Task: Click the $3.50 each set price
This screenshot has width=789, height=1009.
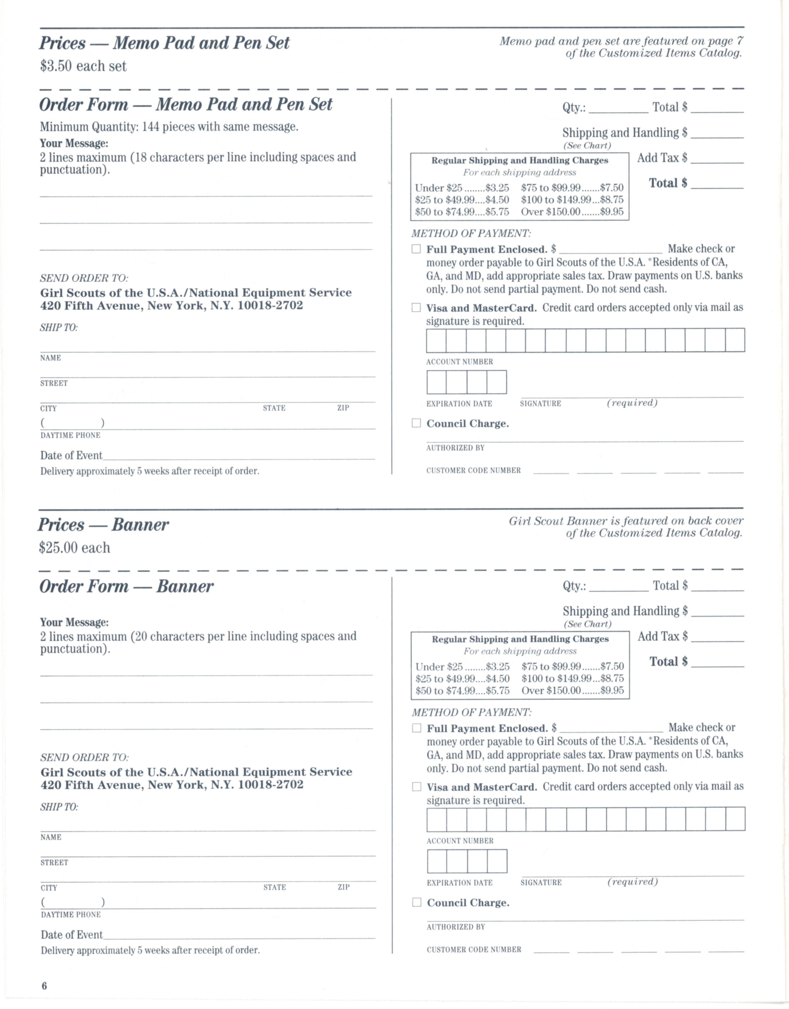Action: pyautogui.click(x=83, y=66)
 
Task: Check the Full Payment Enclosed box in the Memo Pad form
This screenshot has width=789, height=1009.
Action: pyautogui.click(x=416, y=249)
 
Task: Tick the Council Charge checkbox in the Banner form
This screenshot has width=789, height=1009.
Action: pyautogui.click(x=417, y=902)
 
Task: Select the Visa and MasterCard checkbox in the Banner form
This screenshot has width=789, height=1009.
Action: pyautogui.click(x=417, y=787)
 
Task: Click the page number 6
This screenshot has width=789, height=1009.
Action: pyautogui.click(x=44, y=986)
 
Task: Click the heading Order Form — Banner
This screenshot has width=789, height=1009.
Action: pyautogui.click(x=126, y=586)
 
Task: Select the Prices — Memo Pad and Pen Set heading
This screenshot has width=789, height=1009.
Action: pyautogui.click(x=164, y=43)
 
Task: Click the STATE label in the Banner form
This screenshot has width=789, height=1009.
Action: pyautogui.click(x=275, y=887)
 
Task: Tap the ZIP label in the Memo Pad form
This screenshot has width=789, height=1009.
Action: pyautogui.click(x=343, y=408)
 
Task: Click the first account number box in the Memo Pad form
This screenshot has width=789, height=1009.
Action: pyautogui.click(x=436, y=341)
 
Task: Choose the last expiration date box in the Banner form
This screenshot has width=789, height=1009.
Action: pyautogui.click(x=497, y=861)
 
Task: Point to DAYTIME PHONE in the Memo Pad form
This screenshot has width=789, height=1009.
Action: pyautogui.click(x=70, y=435)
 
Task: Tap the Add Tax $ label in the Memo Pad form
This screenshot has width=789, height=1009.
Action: pyautogui.click(x=662, y=158)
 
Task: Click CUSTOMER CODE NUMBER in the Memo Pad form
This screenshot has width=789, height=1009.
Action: pyautogui.click(x=473, y=470)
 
